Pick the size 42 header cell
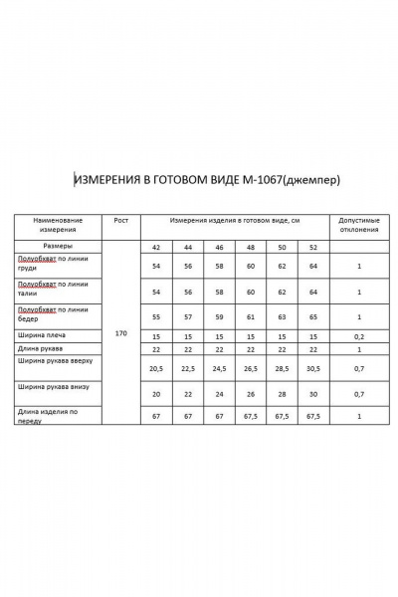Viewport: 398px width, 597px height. pyautogui.click(x=156, y=247)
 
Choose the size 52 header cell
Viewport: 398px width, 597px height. pyautogui.click(x=313, y=247)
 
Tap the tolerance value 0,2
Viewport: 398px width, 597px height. pyautogui.click(x=358, y=336)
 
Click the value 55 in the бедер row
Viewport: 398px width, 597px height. pyautogui.click(x=155, y=315)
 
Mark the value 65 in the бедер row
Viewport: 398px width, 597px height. pyautogui.click(x=313, y=315)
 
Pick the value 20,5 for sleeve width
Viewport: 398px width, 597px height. pyautogui.click(x=155, y=368)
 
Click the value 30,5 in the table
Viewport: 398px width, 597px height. pyautogui.click(x=313, y=368)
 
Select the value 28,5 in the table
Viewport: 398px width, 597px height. pyautogui.click(x=282, y=368)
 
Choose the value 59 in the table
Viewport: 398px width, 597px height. pyautogui.click(x=219, y=315)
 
